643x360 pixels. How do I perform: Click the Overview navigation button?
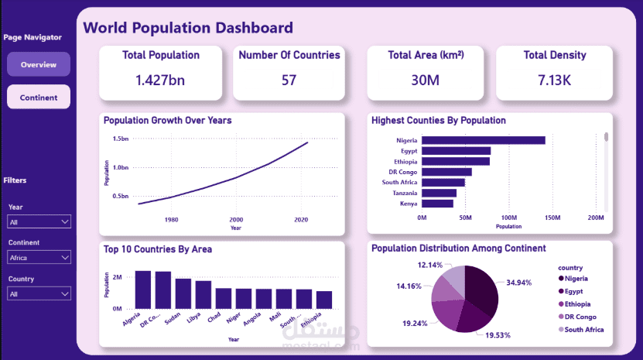click(x=39, y=64)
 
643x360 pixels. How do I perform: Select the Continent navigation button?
click(x=39, y=97)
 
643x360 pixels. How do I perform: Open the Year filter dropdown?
click(x=39, y=222)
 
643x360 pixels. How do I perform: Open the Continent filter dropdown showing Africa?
click(x=39, y=258)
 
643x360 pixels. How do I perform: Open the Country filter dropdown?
click(x=39, y=294)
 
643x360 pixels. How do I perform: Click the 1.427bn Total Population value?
click(x=160, y=80)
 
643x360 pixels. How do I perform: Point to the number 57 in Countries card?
click(x=289, y=80)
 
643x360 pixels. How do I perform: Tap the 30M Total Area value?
click(x=426, y=80)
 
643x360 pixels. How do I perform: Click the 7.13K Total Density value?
click(x=554, y=80)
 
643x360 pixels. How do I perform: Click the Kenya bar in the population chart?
click(x=437, y=204)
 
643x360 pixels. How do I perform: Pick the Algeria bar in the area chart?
click(x=142, y=290)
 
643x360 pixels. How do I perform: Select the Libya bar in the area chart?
click(x=204, y=294)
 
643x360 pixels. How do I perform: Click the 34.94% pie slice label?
click(x=518, y=283)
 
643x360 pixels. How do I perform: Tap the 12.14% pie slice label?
click(x=429, y=266)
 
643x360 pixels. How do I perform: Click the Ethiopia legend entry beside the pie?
click(x=584, y=303)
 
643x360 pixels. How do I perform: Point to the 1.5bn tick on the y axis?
click(x=120, y=139)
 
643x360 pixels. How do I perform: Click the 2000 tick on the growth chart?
click(x=236, y=220)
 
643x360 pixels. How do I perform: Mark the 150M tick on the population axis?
click(x=552, y=218)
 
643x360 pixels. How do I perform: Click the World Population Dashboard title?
click(x=188, y=28)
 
